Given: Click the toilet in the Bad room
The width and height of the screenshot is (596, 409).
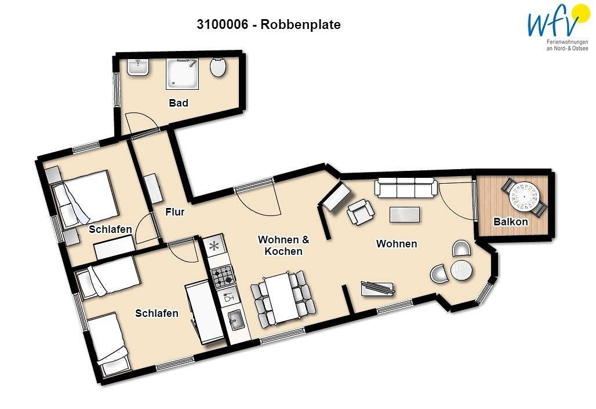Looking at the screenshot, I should click(x=218, y=68).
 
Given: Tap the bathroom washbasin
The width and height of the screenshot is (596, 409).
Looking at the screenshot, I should click(x=139, y=68).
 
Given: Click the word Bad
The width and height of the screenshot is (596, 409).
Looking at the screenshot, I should click(x=179, y=103).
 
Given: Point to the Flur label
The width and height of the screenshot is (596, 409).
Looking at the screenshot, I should click(x=175, y=212).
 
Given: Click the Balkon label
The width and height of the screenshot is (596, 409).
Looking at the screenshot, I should click(x=510, y=221).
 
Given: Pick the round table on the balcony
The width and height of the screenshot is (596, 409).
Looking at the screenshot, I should click(x=524, y=197).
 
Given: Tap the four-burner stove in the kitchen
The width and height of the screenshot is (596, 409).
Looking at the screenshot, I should click(x=223, y=276).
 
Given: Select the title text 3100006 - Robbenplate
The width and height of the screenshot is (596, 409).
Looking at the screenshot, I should click(x=268, y=24).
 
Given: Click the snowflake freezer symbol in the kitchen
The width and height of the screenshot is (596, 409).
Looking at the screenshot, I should click(x=214, y=246).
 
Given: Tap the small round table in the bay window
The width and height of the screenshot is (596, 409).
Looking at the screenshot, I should click(x=461, y=270).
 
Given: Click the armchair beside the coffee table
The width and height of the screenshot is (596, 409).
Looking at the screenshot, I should click(x=360, y=212).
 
